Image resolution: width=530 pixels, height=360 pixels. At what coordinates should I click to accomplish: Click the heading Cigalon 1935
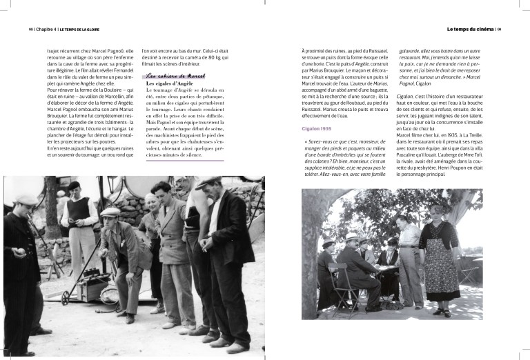pos(317,129)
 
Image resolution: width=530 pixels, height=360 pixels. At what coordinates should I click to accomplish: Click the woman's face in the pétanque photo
pos(152,203)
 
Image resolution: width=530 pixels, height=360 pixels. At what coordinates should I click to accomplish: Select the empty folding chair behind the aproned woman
pos(471,276)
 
